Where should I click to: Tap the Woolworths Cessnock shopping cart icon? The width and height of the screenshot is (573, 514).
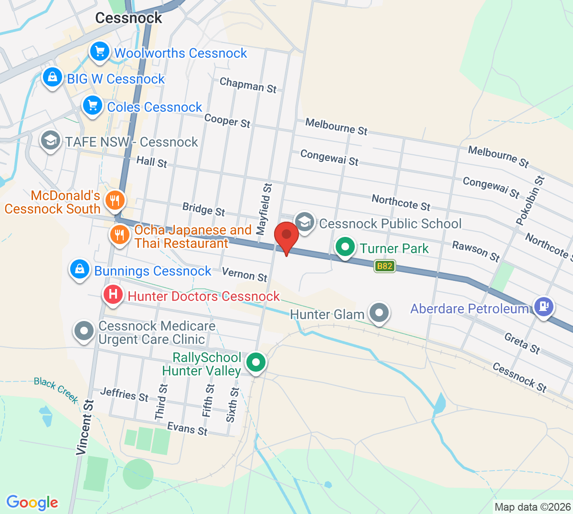[99, 51]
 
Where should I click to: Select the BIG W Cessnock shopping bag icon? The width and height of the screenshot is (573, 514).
[52, 77]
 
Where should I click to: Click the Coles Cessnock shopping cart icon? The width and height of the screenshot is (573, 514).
[92, 105]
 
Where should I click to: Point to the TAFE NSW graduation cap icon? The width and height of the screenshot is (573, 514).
[50, 140]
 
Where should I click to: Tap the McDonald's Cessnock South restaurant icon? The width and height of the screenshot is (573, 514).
[114, 200]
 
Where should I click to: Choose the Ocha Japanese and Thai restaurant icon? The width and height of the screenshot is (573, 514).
[119, 235]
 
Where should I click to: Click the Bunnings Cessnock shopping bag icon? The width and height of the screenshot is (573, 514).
[80, 269]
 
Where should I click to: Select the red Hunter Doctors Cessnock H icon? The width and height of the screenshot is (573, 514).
[113, 294]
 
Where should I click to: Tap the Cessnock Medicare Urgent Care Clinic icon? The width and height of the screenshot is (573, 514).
[85, 331]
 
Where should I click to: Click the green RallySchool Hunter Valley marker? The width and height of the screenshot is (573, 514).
[256, 362]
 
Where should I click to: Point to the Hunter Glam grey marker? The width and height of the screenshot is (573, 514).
[379, 313]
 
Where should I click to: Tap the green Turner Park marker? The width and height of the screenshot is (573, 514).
[345, 247]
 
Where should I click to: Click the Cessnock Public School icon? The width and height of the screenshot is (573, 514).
[304, 222]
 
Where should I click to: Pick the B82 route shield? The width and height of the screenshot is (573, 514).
[385, 266]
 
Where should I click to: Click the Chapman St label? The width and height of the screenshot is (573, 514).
[248, 85]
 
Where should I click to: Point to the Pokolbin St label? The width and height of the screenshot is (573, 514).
[530, 201]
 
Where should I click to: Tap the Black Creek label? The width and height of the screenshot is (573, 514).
[56, 389]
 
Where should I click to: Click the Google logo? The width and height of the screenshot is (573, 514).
[32, 503]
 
